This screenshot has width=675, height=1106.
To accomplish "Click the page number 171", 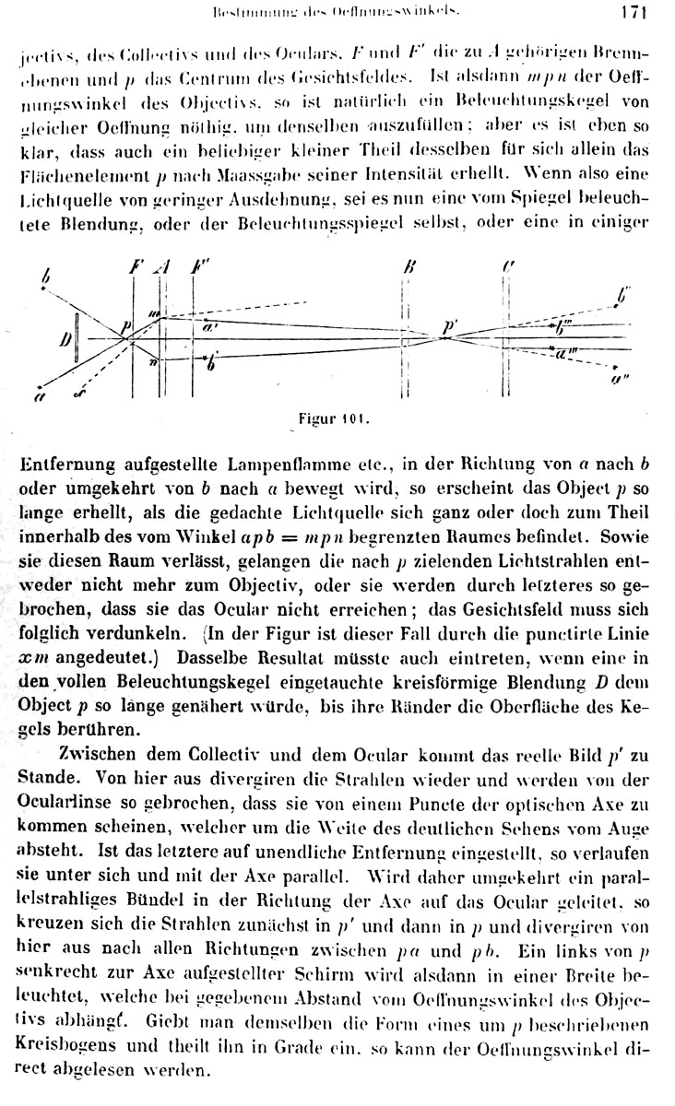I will pos(636,12).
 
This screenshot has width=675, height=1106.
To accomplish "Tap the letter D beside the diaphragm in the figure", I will pos(66,339).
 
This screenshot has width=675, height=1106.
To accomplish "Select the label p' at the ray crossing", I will pos(450,324).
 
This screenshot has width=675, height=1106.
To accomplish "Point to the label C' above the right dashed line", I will pos(508,266).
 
